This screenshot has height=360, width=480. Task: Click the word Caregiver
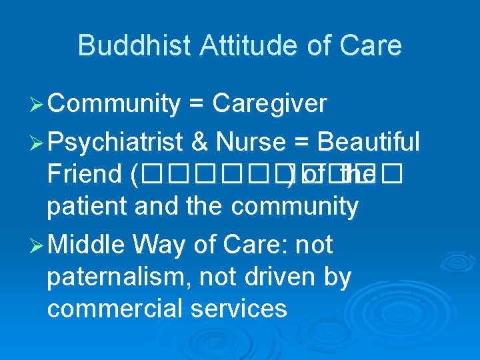269,105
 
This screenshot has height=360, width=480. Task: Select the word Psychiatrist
115,142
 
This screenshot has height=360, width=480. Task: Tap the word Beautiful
369,142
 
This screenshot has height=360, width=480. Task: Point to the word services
242,309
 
